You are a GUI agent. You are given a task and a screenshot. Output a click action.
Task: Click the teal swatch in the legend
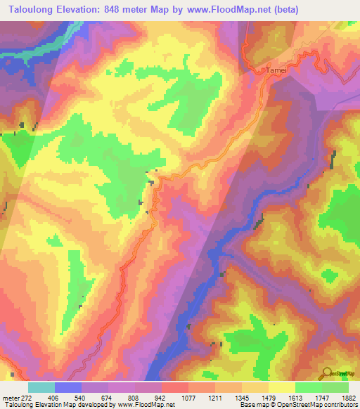point(41,387)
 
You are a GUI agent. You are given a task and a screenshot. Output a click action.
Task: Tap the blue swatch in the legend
point(68,387)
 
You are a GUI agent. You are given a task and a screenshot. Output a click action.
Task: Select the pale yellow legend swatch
point(282,387)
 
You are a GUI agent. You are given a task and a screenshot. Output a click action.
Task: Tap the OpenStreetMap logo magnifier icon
point(326,372)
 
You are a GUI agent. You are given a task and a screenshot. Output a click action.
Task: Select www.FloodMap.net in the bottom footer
point(146,405)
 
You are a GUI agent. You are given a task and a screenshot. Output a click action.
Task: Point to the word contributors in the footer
point(339,405)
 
